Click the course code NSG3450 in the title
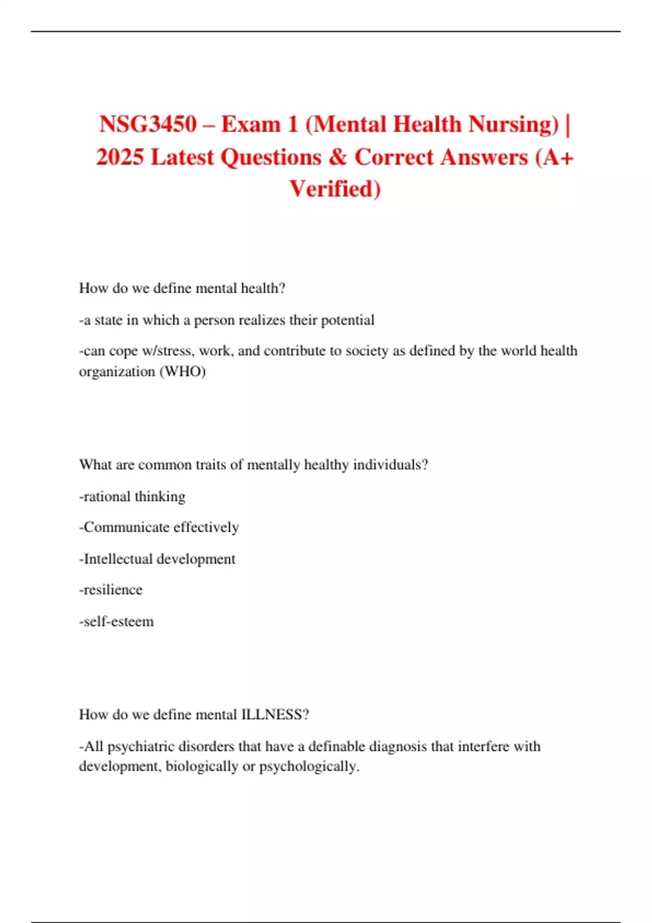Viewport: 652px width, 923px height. [148, 124]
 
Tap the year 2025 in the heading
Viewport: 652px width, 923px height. [120, 157]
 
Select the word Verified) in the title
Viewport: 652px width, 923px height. [335, 189]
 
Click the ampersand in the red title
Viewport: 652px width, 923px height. [337, 157]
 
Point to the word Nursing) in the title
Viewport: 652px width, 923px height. [513, 124]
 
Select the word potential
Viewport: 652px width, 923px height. [348, 320]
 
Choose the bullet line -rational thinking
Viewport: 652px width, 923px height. [132, 497]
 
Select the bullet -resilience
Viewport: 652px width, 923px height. [111, 590]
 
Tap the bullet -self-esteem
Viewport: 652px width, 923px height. [116, 622]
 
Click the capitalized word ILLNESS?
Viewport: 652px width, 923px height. [275, 715]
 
